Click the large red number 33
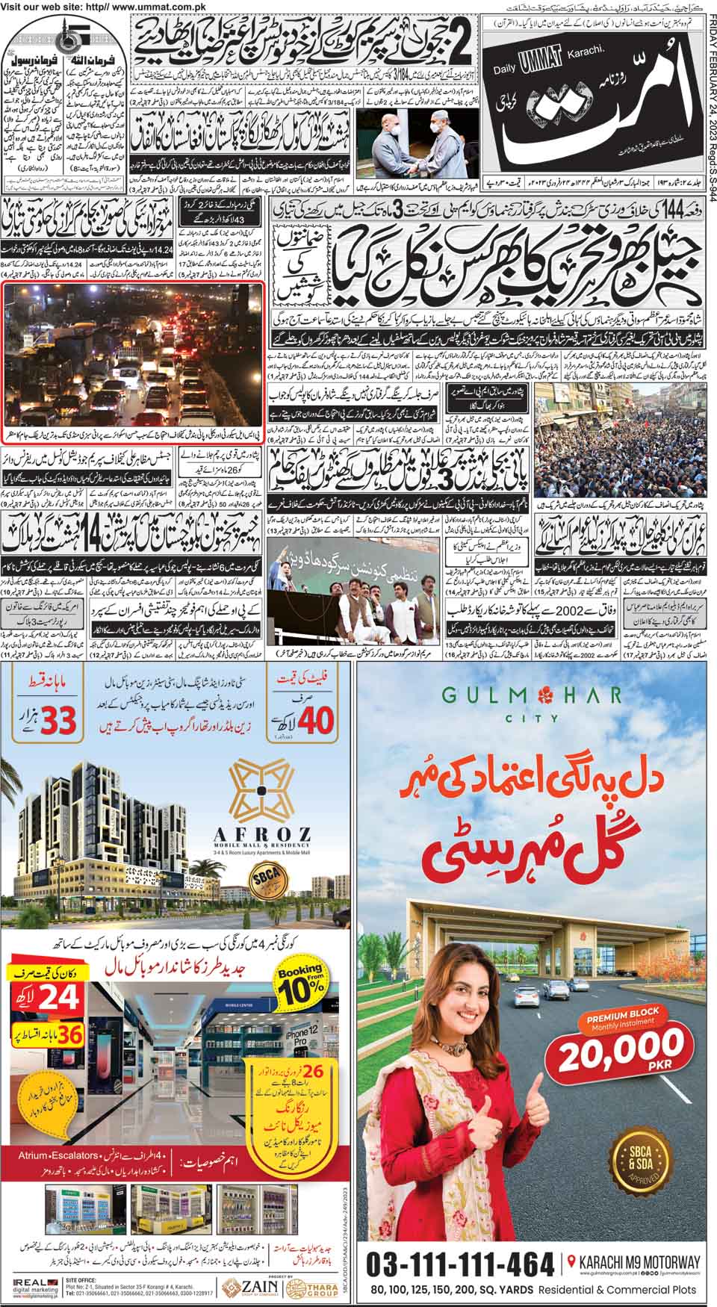point(46,721)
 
